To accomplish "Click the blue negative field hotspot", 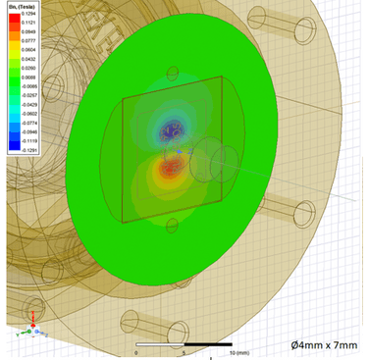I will coord(173,129).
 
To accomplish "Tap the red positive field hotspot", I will coord(170,180).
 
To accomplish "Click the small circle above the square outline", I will coord(174,72).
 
